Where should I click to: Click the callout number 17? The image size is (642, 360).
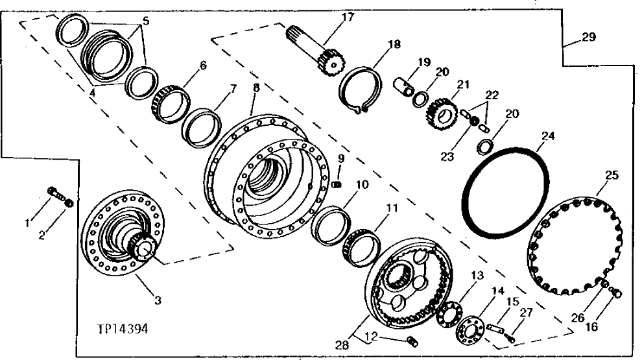tap(348, 18)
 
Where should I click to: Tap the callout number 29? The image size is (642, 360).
tap(588, 38)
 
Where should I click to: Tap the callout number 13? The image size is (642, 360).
tap(477, 276)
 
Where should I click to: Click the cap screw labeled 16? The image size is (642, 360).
tap(617, 294)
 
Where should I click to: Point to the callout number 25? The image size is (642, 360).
tap(612, 174)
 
